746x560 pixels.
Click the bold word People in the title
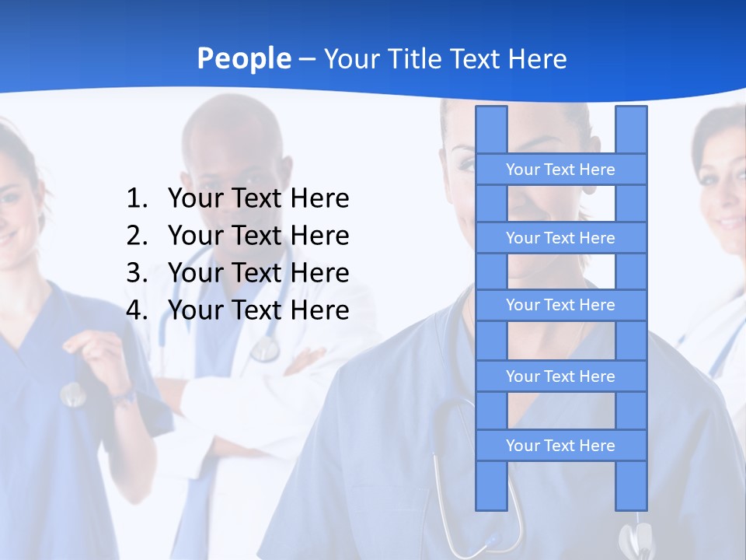click(x=243, y=58)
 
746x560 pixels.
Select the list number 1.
click(x=136, y=199)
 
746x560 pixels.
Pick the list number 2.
click(x=136, y=236)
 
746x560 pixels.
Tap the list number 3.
click(x=136, y=273)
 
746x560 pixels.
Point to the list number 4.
click(x=136, y=310)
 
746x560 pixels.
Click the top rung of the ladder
click(x=560, y=170)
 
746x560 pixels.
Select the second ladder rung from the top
click(x=560, y=238)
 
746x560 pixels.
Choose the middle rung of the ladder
click(x=560, y=305)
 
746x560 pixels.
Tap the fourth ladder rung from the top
click(x=560, y=376)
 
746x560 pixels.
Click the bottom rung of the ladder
click(x=560, y=446)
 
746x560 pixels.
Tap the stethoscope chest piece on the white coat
click(x=265, y=349)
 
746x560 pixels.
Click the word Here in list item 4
click(x=319, y=310)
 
